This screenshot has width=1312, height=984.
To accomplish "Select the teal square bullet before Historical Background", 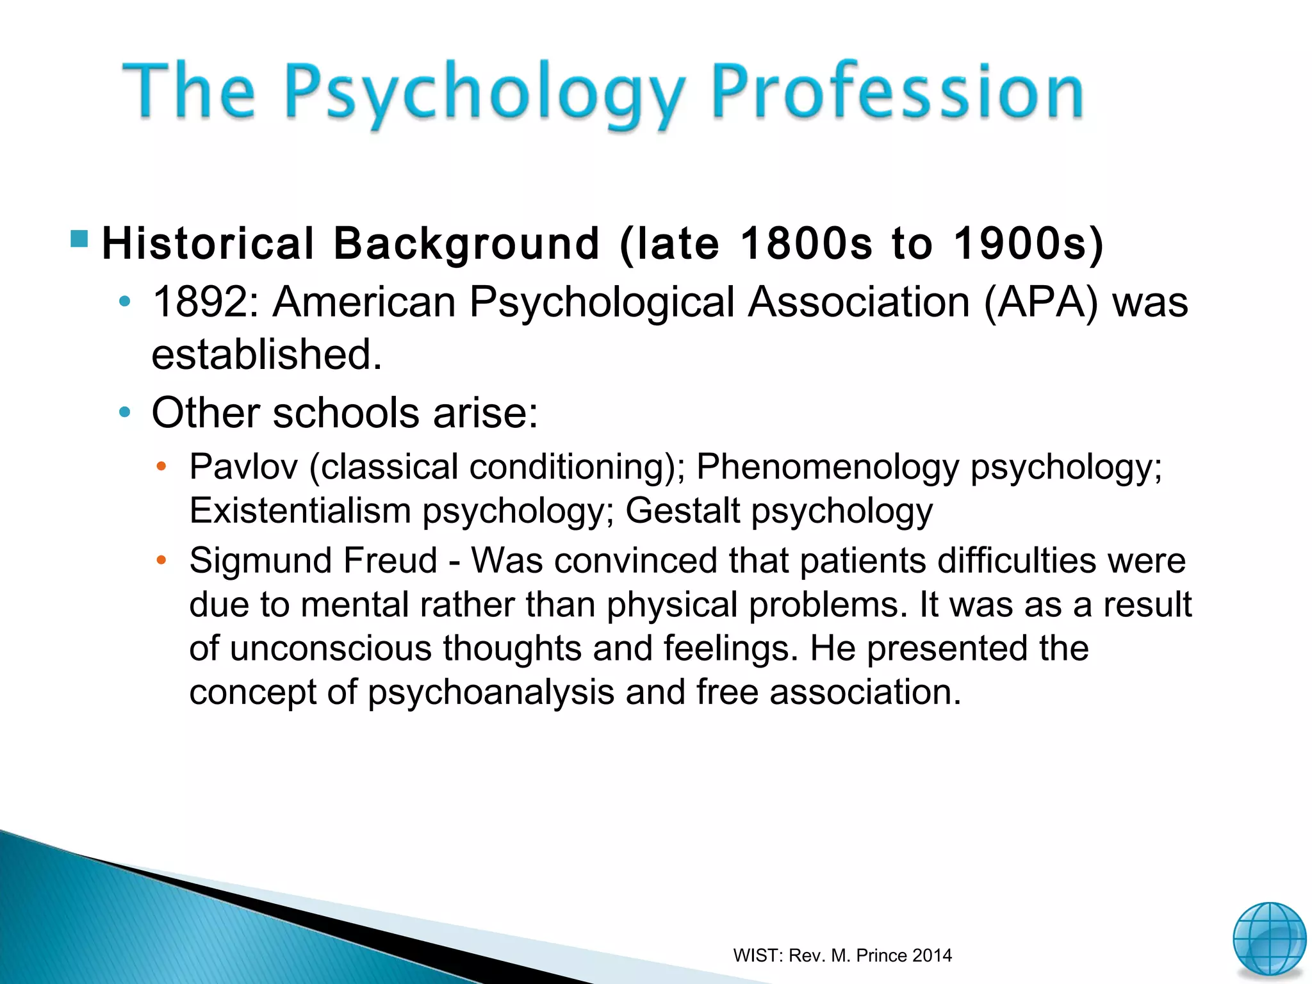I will pyautogui.click(x=79, y=239).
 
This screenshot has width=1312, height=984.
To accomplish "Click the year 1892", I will pyautogui.click(x=200, y=302).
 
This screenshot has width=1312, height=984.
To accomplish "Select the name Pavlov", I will pyautogui.click(x=243, y=466).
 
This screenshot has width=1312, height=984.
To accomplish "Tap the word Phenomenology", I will pyautogui.click(x=827, y=466).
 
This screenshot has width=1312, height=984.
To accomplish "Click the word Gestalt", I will pyautogui.click(x=682, y=511).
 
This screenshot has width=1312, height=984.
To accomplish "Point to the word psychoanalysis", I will pyautogui.click(x=491, y=693).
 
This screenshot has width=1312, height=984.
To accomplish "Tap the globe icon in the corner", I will pyautogui.click(x=1269, y=939).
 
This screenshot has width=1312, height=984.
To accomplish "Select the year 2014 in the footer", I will pyautogui.click(x=932, y=956).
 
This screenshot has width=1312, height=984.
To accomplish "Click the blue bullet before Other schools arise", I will pyautogui.click(x=125, y=412).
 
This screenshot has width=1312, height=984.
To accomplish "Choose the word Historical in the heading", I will pyautogui.click(x=208, y=244).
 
